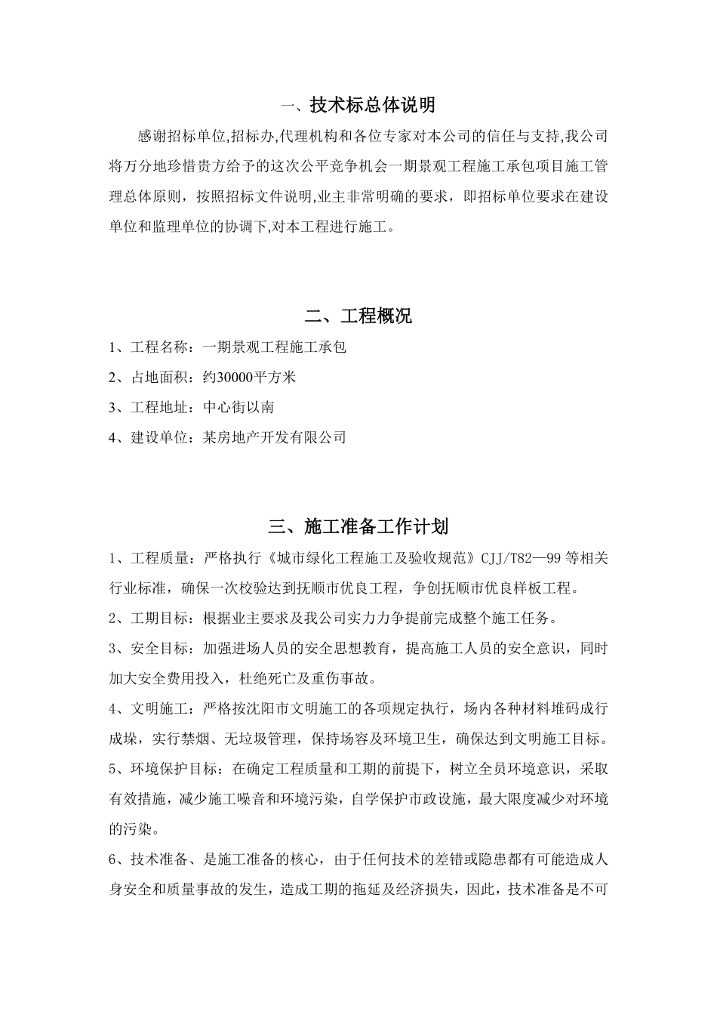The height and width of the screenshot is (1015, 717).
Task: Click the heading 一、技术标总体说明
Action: click(x=358, y=105)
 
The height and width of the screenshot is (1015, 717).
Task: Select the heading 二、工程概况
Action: click(x=358, y=316)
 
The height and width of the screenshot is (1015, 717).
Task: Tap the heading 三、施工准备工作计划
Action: click(x=358, y=526)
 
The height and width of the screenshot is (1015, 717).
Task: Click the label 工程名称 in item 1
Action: click(x=158, y=347)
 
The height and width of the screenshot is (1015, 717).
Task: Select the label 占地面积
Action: click(x=158, y=378)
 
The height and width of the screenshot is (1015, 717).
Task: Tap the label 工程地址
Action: click(x=158, y=408)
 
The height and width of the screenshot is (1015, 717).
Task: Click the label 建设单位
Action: click(x=158, y=437)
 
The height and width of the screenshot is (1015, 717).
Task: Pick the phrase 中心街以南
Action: click(x=238, y=408)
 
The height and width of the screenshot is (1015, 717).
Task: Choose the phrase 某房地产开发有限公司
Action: click(x=275, y=437)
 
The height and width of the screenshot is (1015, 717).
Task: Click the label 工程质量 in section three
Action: click(x=158, y=559)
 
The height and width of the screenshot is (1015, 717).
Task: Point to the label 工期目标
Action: click(x=158, y=619)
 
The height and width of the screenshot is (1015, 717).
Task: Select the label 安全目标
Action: click(x=158, y=648)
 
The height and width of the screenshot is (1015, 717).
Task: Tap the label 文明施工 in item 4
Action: click(x=158, y=708)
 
